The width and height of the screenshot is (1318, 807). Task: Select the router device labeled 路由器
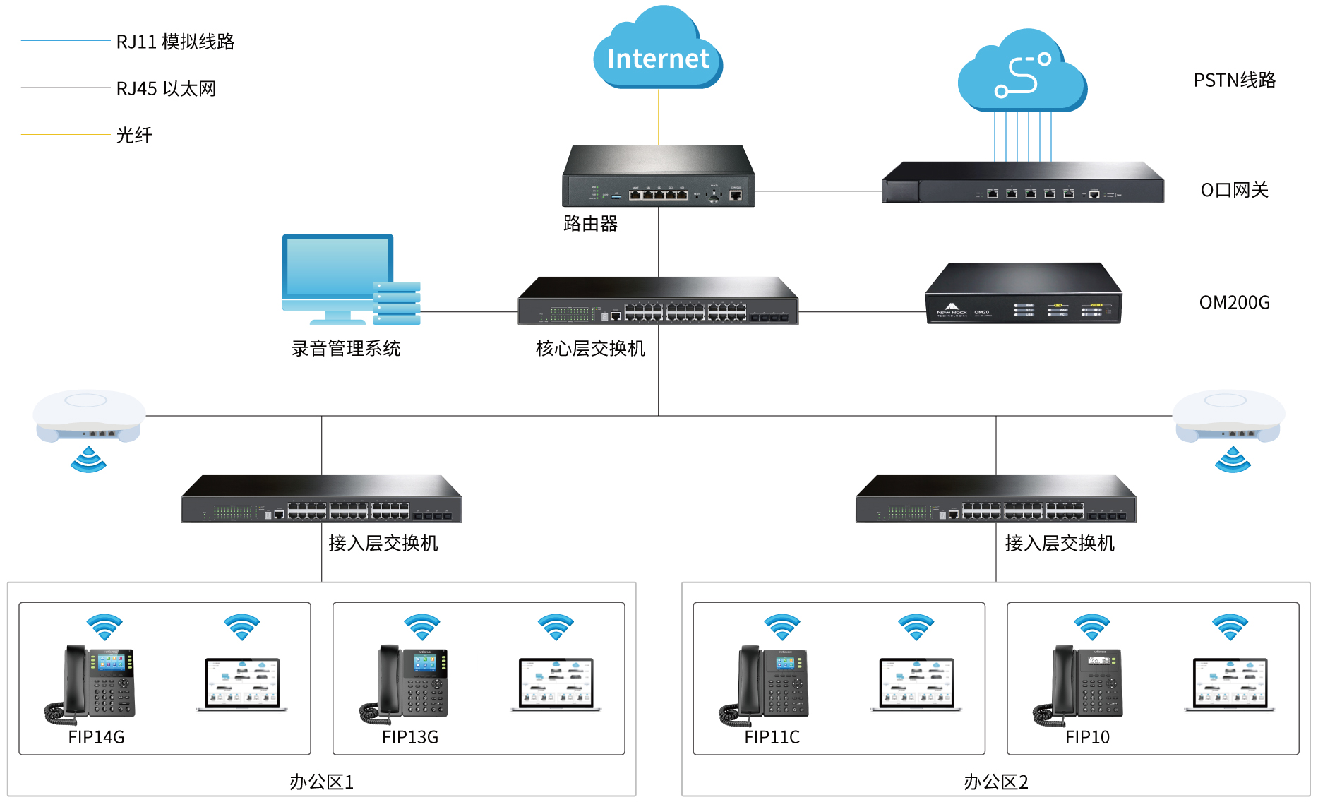coord(658,177)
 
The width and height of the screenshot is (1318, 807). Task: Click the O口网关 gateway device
coord(1022,183)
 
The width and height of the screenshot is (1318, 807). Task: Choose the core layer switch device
coord(658,301)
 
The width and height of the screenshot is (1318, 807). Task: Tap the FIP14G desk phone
coord(90,683)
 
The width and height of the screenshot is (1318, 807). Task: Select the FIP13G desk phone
coord(405,683)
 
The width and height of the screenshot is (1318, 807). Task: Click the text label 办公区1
coord(321,782)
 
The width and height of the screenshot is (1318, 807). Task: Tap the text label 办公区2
coord(995,782)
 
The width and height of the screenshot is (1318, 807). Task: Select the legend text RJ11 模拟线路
coord(175,42)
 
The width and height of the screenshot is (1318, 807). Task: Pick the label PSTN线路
coord(1234,80)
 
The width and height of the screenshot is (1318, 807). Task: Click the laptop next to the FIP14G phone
coord(242,684)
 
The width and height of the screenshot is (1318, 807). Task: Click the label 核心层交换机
coord(590,349)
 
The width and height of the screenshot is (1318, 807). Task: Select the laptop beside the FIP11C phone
coord(916,684)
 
